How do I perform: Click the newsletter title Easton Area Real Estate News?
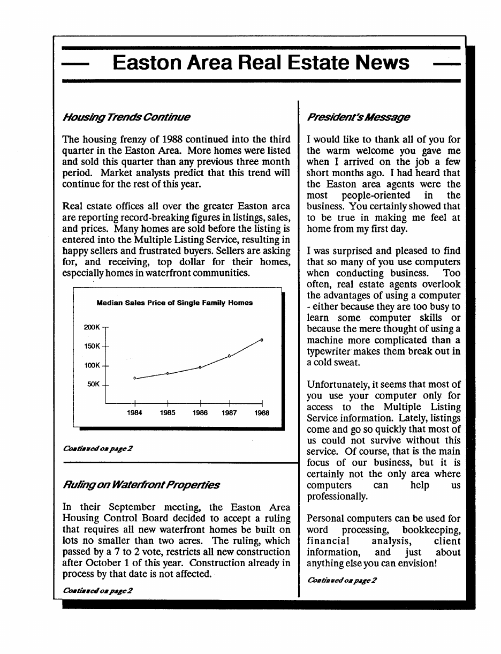click(261, 63)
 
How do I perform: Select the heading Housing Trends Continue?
click(126, 117)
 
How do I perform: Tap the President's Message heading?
click(358, 117)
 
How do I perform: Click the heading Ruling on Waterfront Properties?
click(141, 485)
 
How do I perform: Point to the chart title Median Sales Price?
click(174, 303)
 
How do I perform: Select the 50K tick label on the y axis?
click(93, 385)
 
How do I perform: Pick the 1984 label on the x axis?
click(134, 414)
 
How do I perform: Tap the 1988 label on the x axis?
click(262, 414)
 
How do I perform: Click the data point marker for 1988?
click(262, 340)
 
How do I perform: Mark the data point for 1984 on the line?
click(135, 378)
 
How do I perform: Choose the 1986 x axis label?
click(200, 414)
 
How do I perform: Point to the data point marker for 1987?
click(229, 356)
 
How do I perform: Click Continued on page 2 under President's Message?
click(342, 581)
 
